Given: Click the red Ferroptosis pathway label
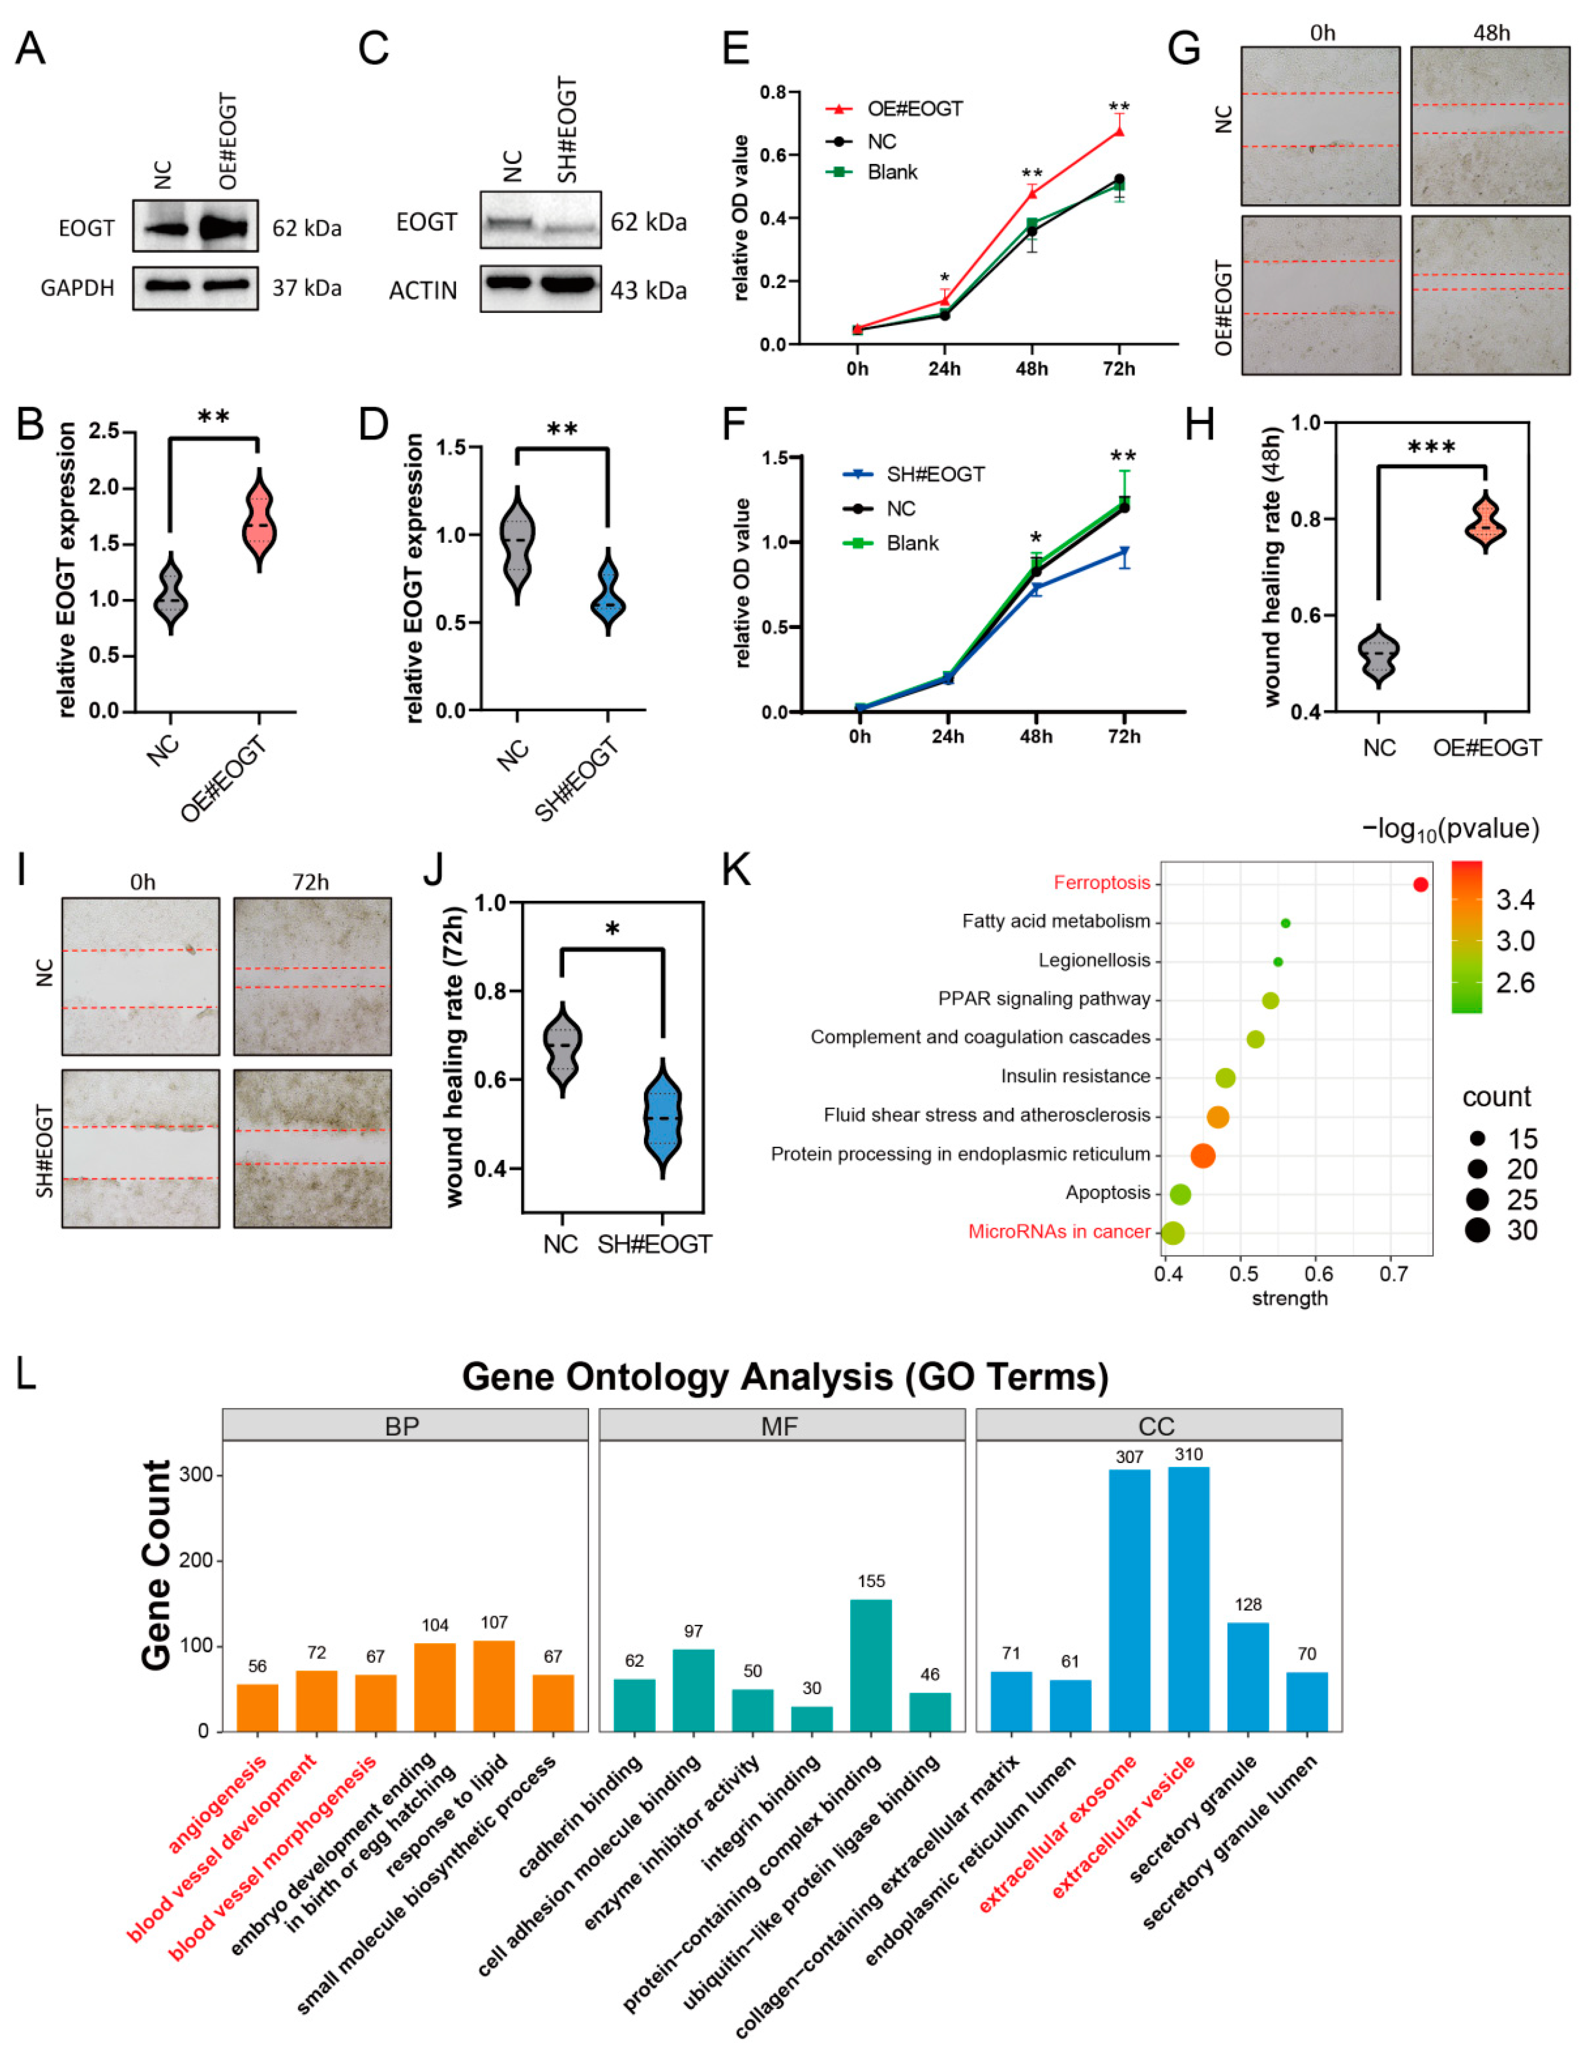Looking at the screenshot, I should point(1102,883).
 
